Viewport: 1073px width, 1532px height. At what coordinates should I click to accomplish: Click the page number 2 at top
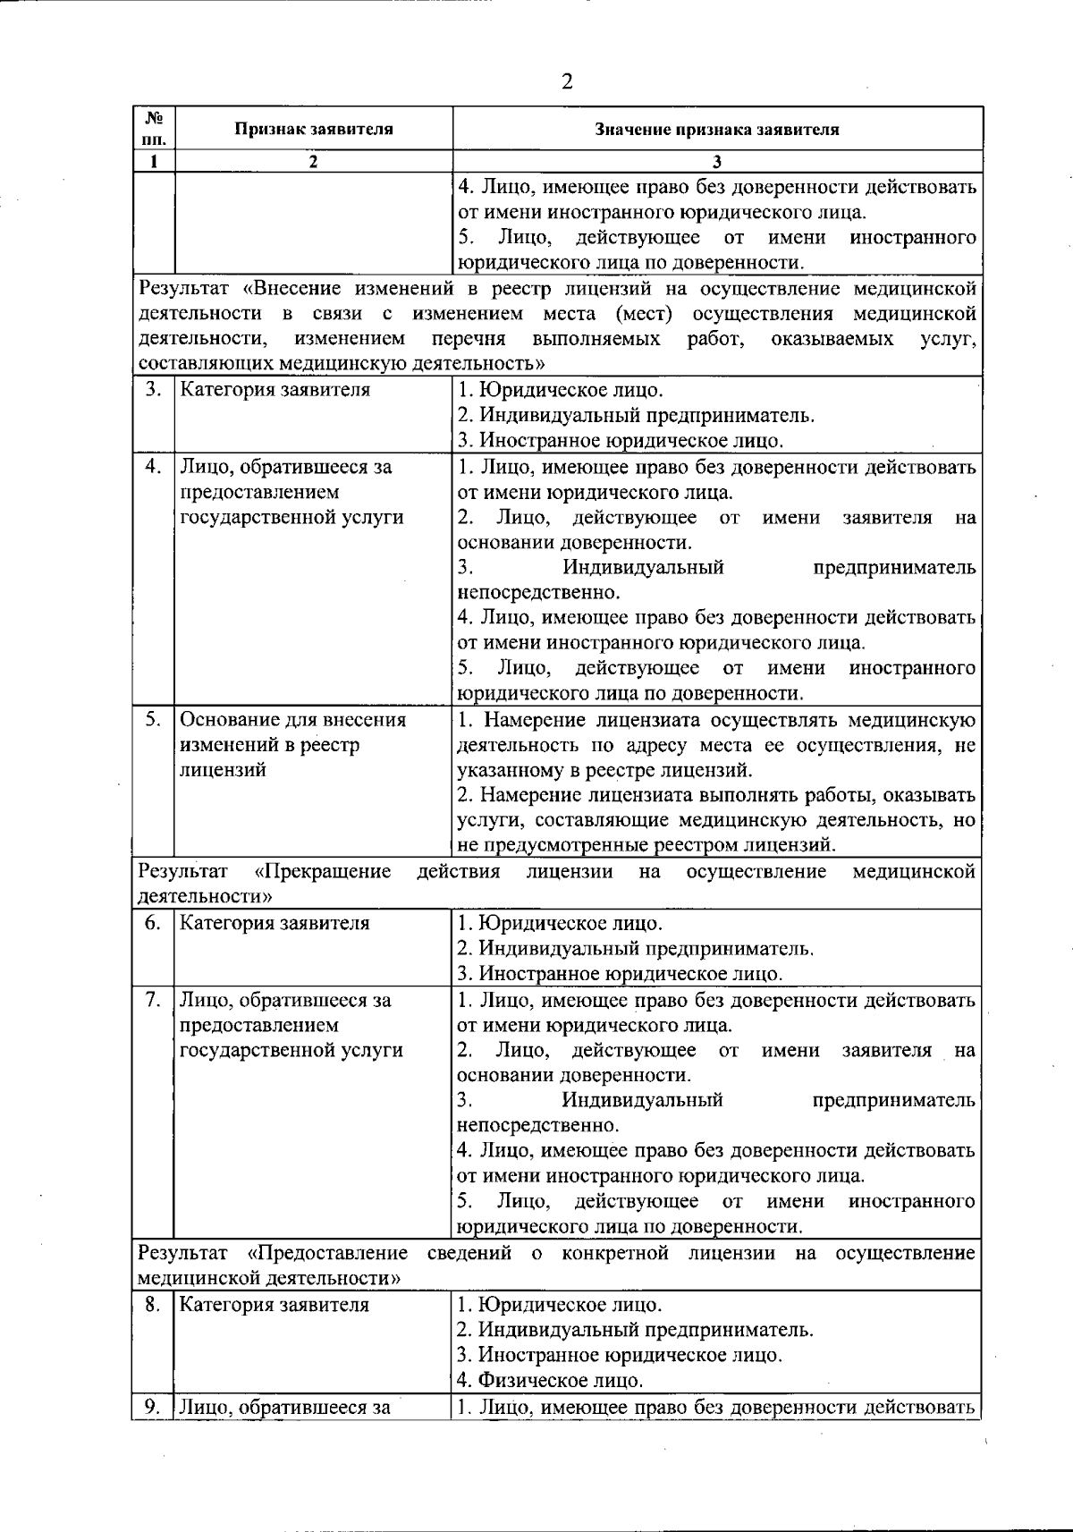566,81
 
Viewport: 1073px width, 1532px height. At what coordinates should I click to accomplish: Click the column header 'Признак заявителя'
314,129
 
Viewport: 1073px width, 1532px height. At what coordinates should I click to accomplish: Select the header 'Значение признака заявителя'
717,129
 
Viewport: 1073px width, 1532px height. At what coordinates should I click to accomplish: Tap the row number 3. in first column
153,390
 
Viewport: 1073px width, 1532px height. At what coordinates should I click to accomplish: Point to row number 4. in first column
153,466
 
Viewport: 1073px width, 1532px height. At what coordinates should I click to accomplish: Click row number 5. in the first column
153,719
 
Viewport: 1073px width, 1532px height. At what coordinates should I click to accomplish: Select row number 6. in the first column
153,923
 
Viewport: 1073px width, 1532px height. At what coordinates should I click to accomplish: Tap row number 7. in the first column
153,999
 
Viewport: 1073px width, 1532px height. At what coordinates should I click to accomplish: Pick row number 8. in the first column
153,1304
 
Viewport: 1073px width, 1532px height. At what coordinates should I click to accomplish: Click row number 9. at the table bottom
153,1407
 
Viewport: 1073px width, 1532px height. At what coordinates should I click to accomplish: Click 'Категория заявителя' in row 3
275,390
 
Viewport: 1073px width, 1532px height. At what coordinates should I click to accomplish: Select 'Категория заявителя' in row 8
275,1304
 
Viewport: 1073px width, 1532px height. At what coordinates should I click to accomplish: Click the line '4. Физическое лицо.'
550,1380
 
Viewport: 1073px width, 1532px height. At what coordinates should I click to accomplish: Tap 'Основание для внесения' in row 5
292,719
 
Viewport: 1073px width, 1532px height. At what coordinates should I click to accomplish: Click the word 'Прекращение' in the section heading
323,871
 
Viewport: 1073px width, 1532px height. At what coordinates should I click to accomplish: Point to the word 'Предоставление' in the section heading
327,1253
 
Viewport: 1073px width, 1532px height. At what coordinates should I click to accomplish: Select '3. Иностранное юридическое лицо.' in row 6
620,973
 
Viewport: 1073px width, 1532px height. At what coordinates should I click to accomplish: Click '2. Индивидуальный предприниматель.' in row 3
636,415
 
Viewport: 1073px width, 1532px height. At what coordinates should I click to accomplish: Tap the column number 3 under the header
717,162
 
